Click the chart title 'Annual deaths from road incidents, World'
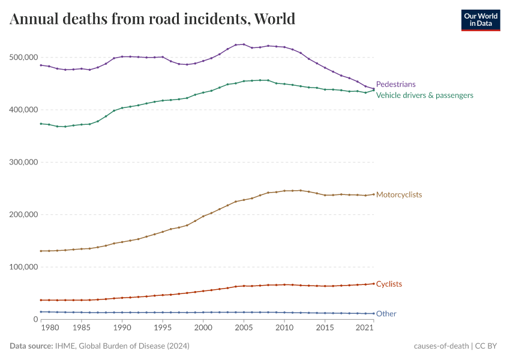(152, 19)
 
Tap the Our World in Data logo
(480, 19)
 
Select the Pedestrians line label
(395, 85)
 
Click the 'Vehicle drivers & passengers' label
(424, 95)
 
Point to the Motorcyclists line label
(399, 195)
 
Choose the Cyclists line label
(389, 284)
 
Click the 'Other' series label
(386, 314)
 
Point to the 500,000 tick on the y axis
(24, 58)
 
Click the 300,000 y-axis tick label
(24, 162)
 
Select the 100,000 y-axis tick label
(24, 267)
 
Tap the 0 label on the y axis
(35, 319)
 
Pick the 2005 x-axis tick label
(244, 328)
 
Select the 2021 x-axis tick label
(365, 328)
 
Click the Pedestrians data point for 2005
(244, 44)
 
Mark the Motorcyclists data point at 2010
(284, 191)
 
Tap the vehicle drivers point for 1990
(122, 108)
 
